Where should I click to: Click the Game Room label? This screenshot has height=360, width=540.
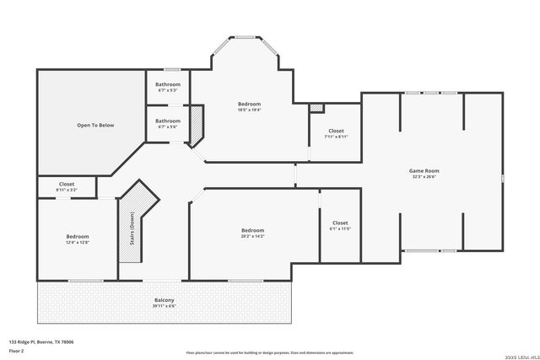coord(424,171)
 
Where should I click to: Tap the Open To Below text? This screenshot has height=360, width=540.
coord(95,126)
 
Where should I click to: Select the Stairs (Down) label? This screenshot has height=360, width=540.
coord(132,226)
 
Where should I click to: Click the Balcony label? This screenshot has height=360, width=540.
coord(164,301)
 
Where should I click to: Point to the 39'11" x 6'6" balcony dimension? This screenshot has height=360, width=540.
coord(164,307)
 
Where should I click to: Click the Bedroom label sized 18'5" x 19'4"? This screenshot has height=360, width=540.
coord(249,104)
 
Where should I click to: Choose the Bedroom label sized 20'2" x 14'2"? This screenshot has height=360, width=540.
coord(252,230)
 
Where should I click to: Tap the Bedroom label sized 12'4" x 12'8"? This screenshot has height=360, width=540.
coord(78,236)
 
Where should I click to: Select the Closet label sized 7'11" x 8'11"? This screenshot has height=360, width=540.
coord(336,131)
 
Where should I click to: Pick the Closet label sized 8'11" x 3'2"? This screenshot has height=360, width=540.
coord(67,184)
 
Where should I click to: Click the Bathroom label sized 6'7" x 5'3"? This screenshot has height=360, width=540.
coord(167,84)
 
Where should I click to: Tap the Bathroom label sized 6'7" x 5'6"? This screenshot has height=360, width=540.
coord(167,121)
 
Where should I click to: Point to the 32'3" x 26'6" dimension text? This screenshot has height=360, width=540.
coord(424,177)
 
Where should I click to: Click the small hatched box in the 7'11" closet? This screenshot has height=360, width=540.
coord(316,108)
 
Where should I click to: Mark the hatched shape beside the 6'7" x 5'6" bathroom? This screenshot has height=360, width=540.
coord(197,125)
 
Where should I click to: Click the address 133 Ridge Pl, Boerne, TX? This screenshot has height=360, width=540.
coord(41,341)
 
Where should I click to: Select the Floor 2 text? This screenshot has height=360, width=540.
coord(16,349)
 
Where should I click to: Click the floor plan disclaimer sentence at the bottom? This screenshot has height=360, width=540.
coord(270,352)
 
